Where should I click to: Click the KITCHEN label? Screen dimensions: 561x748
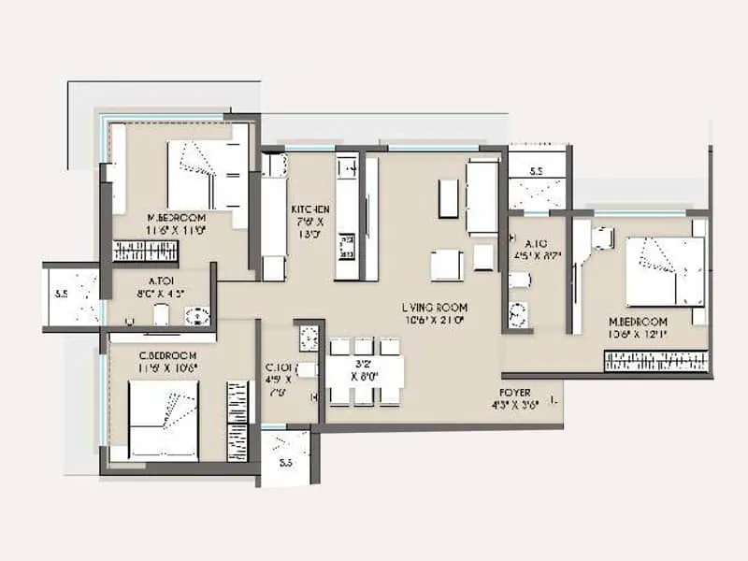click(x=309, y=209)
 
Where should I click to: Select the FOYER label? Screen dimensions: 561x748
click(x=515, y=394)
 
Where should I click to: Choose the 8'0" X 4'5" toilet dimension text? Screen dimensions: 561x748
click(x=157, y=291)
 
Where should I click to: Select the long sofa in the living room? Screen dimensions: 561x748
click(x=483, y=197)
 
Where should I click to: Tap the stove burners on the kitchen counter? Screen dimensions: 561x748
click(x=348, y=246)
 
